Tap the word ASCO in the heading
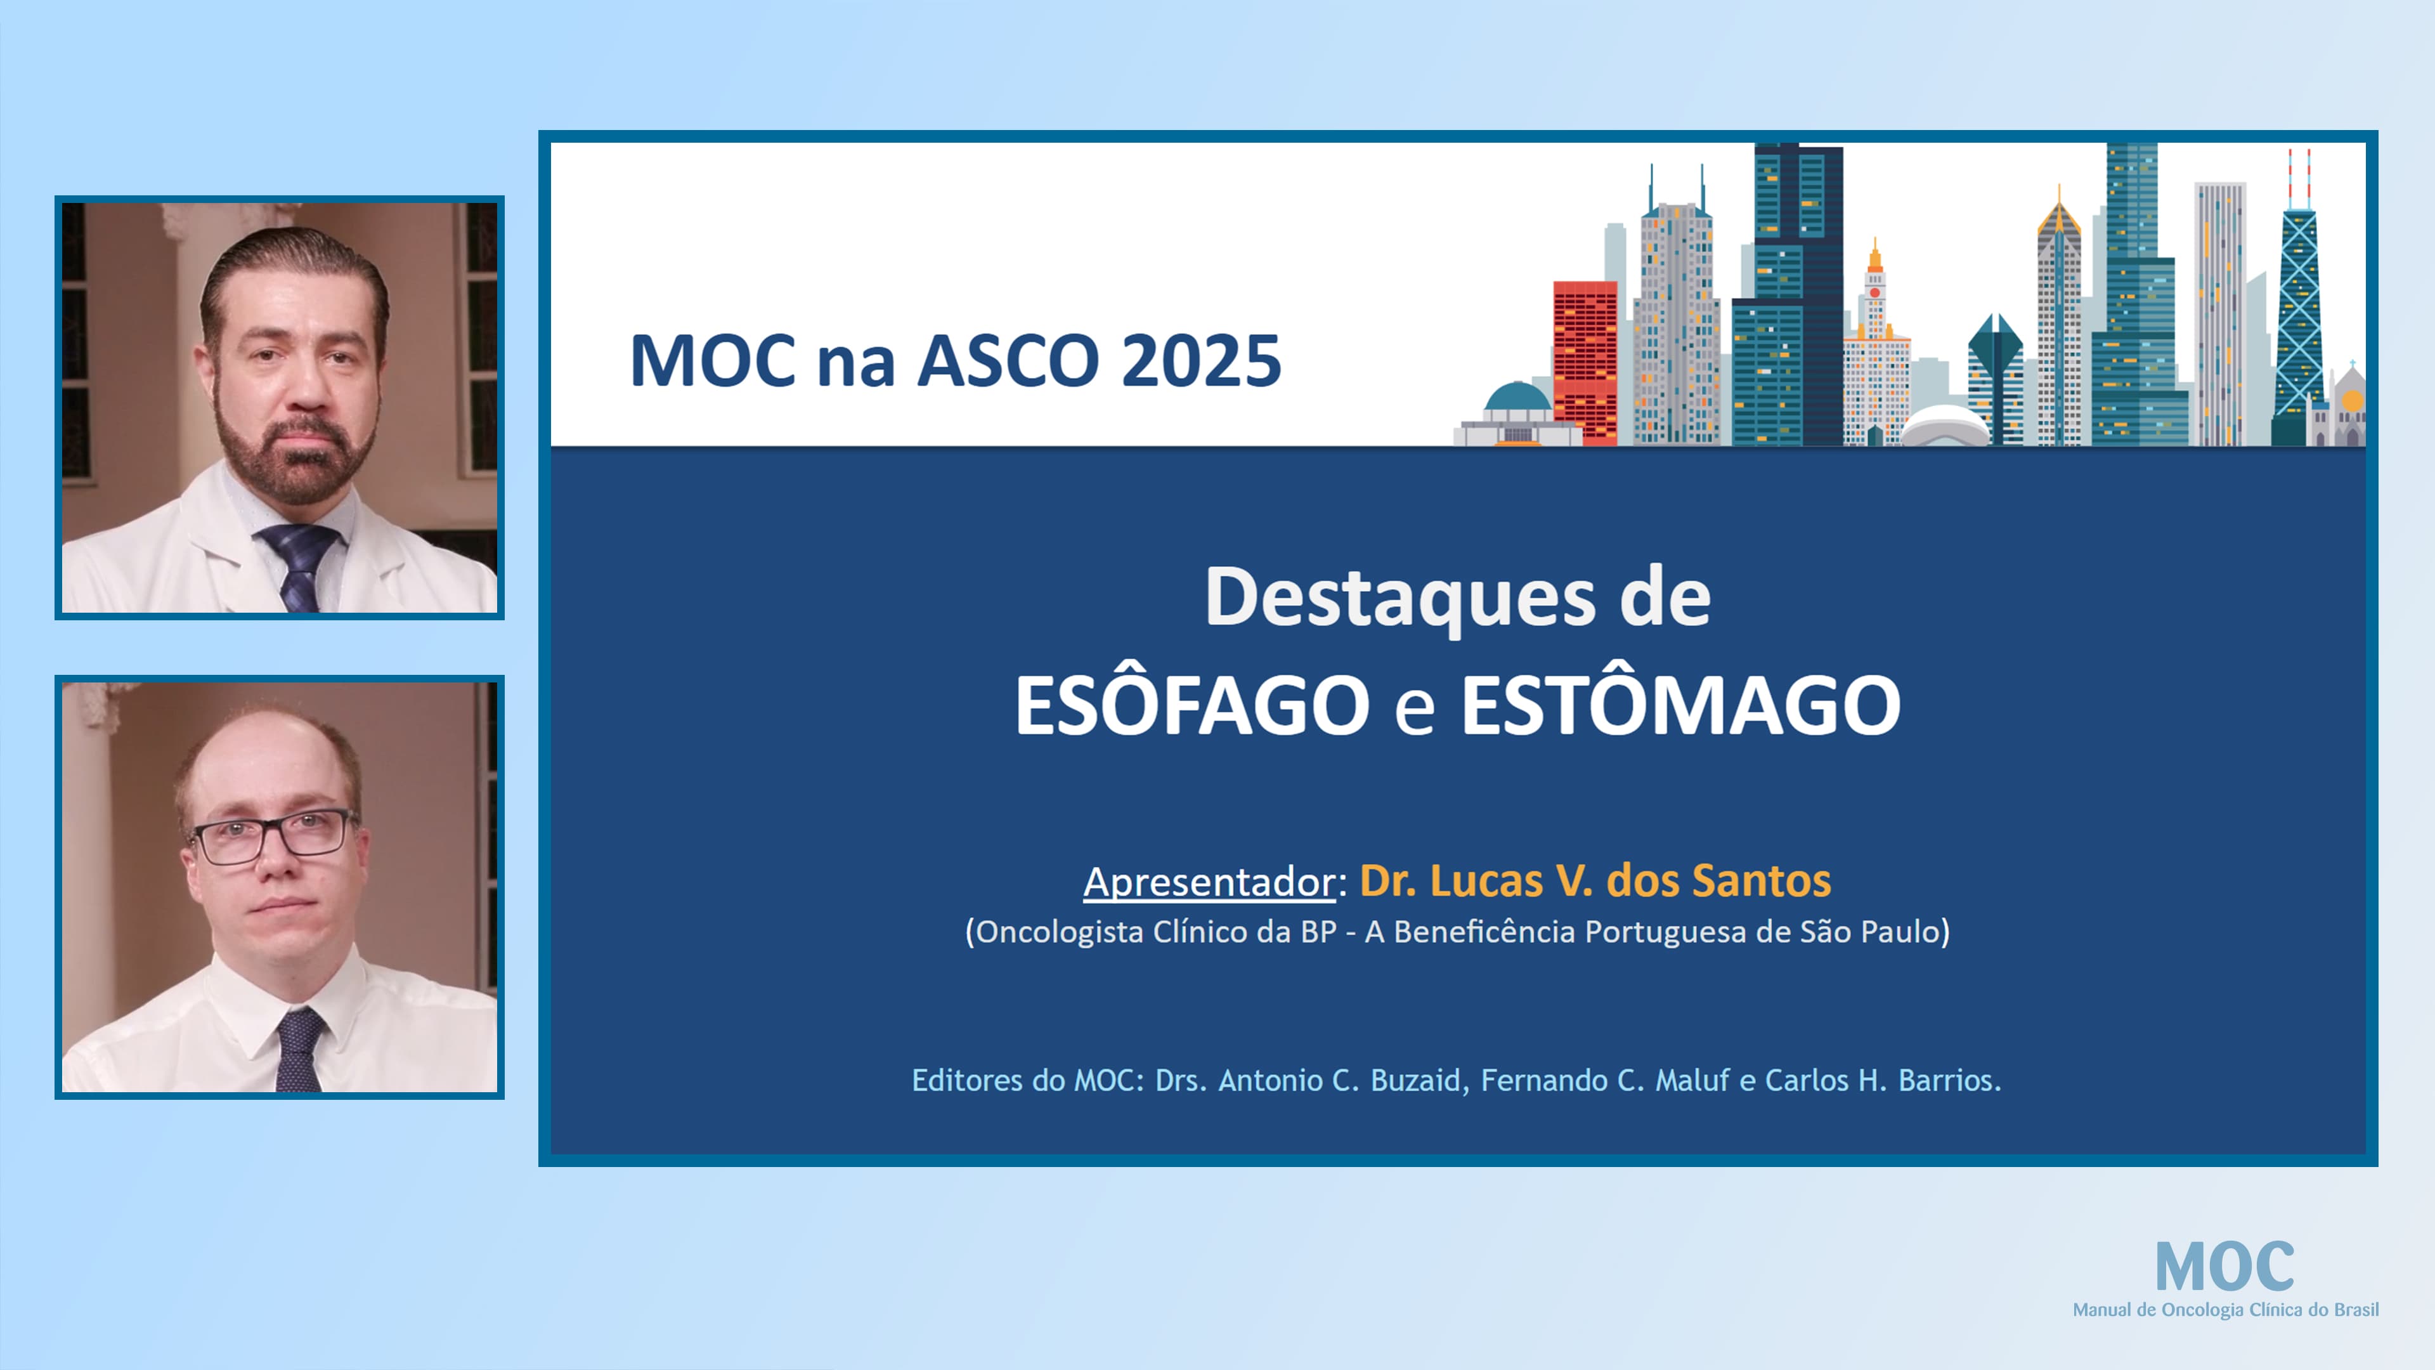click(1008, 361)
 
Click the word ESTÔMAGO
click(1680, 705)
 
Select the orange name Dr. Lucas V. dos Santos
click(1595, 880)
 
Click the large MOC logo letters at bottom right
click(2223, 1267)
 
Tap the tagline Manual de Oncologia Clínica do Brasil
click(2224, 1310)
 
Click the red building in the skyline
click(1584, 359)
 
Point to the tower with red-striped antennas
click(2299, 303)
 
